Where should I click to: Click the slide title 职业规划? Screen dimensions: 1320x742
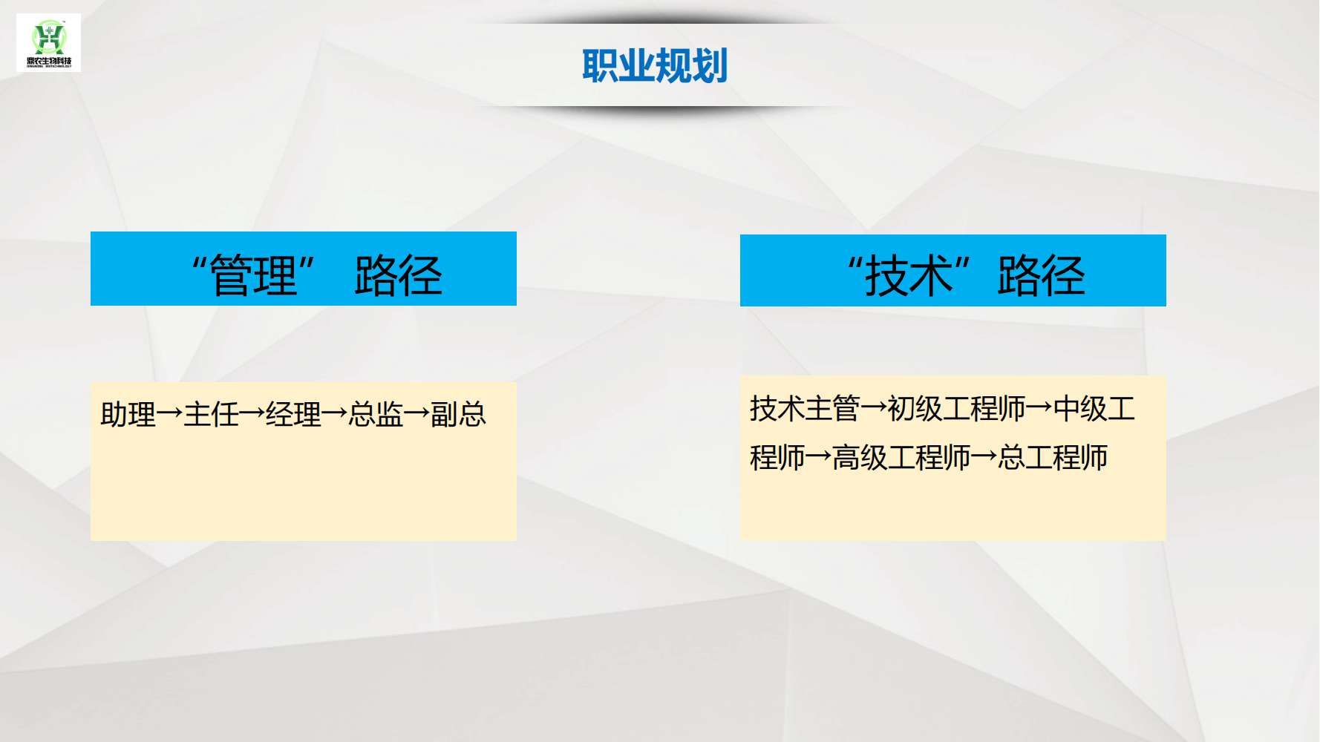click(655, 65)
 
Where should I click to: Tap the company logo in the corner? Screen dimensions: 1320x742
click(49, 43)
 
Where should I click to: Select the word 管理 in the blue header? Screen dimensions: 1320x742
click(254, 275)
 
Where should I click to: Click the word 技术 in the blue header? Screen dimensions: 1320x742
click(909, 275)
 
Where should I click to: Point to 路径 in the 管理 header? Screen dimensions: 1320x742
click(399, 275)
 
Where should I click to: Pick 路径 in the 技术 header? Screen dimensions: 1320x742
click(1041, 275)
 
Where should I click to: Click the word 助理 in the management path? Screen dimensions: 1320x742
click(128, 414)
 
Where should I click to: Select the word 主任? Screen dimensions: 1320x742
click(211, 414)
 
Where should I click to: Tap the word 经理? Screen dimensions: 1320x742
click(293, 414)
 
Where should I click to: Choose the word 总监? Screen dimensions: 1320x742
click(376, 414)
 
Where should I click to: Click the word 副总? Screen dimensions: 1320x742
click(459, 414)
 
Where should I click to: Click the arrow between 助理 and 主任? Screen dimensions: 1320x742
click(170, 414)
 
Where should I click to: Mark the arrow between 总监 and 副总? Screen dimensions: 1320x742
click(417, 414)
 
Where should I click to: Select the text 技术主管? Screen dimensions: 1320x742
click(805, 408)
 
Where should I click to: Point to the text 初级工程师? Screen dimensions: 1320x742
click(956, 408)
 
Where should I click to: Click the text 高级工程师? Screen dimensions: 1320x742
click(901, 457)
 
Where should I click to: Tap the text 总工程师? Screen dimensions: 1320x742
click(1053, 457)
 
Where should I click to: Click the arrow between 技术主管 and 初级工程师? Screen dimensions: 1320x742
click(874, 408)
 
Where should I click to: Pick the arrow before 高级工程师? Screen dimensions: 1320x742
click(819, 457)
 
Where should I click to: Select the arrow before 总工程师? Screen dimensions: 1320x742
click(984, 457)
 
